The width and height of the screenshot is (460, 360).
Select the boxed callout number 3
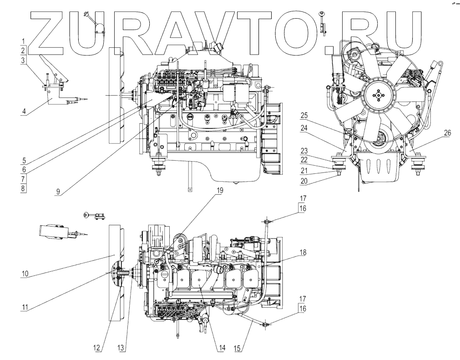pyautogui.click(x=22, y=59)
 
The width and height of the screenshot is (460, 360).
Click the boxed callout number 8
pyautogui.click(x=22, y=188)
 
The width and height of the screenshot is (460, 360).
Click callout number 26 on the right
pyautogui.click(x=447, y=133)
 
